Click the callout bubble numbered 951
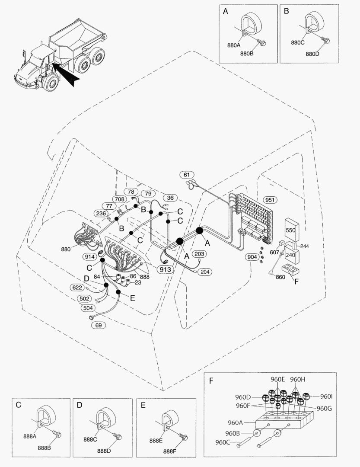coord(270,200)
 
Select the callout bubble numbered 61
coord(187,175)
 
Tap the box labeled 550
coord(290,230)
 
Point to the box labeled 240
coord(290,255)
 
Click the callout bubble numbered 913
coord(166,269)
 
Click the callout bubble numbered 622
coord(77,287)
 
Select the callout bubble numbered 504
coord(88,308)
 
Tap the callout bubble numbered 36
coord(170,198)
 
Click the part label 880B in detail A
coord(246,54)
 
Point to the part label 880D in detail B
coord(312,54)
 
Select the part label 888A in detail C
coord(29,436)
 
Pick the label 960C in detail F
coord(224,442)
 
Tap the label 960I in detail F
coord(326,396)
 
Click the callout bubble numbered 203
coord(199,254)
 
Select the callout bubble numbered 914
coord(90,256)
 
